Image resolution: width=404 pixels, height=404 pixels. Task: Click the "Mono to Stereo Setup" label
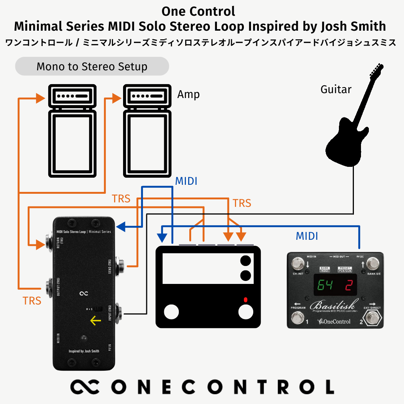92,67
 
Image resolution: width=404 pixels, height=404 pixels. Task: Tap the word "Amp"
188,94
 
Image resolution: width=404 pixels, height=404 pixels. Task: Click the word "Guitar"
336,89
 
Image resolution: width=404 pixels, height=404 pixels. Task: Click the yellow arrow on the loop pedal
95,321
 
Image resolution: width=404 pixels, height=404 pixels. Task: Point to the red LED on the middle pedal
245,300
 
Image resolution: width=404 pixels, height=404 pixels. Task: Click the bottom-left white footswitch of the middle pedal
171,312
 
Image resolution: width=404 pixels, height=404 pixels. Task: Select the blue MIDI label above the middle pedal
186,181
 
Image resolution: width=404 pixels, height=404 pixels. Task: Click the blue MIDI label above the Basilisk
307,236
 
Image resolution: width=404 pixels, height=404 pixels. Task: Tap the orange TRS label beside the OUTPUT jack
32,300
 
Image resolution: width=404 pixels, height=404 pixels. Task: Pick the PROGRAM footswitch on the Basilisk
297,318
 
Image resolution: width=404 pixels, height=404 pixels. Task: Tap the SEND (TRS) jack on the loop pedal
121,266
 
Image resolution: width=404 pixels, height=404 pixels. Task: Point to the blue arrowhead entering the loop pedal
121,227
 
